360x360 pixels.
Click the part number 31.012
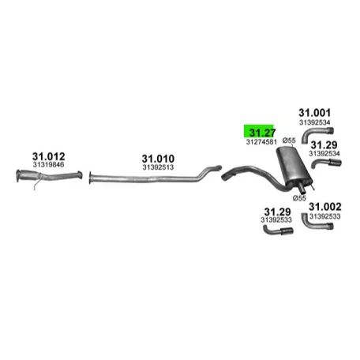pyautogui.click(x=48, y=156)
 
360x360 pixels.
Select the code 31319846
pyautogui.click(x=48, y=165)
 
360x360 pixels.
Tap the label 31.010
pyautogui.click(x=158, y=159)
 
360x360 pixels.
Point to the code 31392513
pyautogui.click(x=158, y=167)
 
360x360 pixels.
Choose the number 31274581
pyautogui.click(x=261, y=142)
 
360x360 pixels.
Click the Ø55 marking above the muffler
pyautogui.click(x=289, y=141)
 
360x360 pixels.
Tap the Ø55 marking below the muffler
pyautogui.click(x=299, y=198)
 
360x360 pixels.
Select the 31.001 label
pyautogui.click(x=314, y=113)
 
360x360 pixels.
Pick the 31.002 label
pyautogui.click(x=325, y=207)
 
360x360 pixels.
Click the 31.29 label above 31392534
pyautogui.click(x=324, y=145)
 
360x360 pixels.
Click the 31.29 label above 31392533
pyautogui.click(x=277, y=212)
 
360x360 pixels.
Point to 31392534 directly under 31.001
pyautogui.click(x=314, y=122)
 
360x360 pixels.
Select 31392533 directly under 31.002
pyautogui.click(x=325, y=216)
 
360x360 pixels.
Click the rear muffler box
pyautogui.click(x=294, y=166)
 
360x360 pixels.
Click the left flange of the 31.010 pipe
pyautogui.click(x=90, y=178)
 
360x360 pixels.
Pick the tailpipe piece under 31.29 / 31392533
pyautogui.click(x=278, y=231)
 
